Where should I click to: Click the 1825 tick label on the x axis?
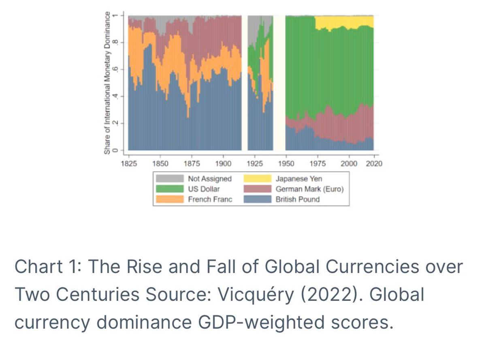(129, 163)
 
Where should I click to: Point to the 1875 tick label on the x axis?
(192, 163)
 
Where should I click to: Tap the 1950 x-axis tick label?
(286, 163)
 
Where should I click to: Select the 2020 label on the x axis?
(373, 163)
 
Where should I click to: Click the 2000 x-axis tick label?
(349, 163)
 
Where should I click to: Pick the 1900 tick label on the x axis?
(223, 163)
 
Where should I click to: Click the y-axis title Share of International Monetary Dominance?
(107, 83)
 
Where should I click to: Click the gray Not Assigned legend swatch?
(169, 178)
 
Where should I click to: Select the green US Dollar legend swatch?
(169, 189)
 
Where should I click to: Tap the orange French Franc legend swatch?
(169, 199)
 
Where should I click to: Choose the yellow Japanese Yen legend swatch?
(257, 178)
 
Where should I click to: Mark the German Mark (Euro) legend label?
(309, 189)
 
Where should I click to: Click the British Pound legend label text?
(298, 199)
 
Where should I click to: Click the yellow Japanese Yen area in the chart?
(344, 22)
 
